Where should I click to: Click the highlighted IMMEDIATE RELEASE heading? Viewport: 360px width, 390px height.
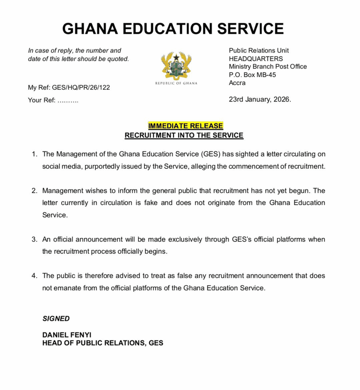click(185, 126)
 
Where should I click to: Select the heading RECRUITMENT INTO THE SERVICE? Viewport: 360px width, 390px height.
click(184, 136)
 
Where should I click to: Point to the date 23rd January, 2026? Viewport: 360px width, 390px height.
click(260, 100)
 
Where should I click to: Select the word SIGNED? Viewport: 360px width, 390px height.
click(56, 318)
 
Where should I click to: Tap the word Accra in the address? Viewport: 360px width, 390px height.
click(237, 83)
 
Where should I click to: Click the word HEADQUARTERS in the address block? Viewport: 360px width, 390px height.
click(256, 58)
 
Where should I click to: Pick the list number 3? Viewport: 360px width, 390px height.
click(35, 239)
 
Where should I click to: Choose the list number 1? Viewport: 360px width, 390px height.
click(35, 154)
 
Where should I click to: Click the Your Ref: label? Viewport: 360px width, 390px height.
click(42, 100)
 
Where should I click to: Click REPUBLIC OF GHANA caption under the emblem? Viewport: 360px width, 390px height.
click(176, 83)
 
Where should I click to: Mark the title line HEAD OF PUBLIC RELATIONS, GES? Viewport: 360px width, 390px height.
click(103, 343)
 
